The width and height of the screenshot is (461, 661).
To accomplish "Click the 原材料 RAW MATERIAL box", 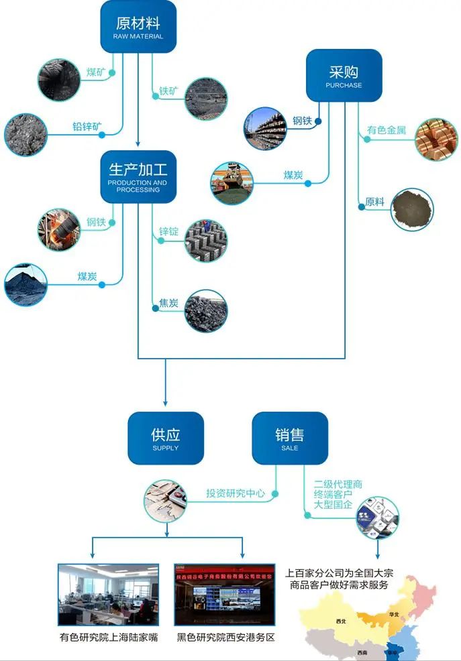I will pyautogui.click(x=138, y=26).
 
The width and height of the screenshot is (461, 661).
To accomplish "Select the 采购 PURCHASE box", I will pyautogui.click(x=344, y=75).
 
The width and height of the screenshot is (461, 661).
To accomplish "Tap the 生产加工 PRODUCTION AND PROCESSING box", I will pyautogui.click(x=138, y=176).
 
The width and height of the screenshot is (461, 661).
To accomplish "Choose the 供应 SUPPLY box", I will pyautogui.click(x=166, y=438).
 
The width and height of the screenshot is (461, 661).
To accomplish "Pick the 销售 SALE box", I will pyautogui.click(x=289, y=438).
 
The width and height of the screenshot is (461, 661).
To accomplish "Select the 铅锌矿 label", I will pyautogui.click(x=87, y=126).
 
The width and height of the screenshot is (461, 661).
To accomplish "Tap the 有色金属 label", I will pyautogui.click(x=387, y=130).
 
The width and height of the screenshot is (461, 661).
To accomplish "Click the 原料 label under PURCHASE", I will pyautogui.click(x=375, y=201).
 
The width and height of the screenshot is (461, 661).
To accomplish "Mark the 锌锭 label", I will pyautogui.click(x=168, y=232).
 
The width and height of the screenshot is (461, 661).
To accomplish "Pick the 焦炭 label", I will pyautogui.click(x=168, y=304).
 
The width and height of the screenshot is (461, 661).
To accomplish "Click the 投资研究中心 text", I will pyautogui.click(x=235, y=493).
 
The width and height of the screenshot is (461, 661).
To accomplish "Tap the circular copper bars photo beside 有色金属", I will pyautogui.click(x=436, y=139).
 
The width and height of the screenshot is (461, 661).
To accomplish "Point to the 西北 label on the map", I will pyautogui.click(x=341, y=621).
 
